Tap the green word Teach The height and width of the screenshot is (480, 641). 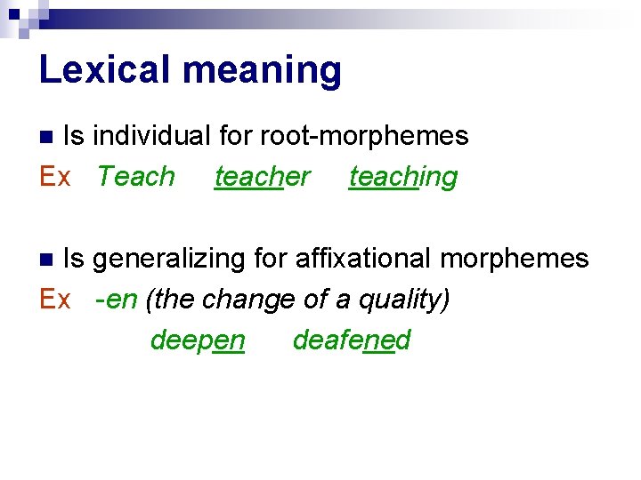click(136, 176)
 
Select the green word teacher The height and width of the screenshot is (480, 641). click(262, 176)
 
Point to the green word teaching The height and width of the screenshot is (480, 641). click(402, 176)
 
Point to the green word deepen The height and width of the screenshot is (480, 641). click(197, 340)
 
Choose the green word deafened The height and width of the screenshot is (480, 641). click(351, 340)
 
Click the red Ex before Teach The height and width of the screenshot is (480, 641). click(55, 176)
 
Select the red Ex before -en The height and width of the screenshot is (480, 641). click(55, 300)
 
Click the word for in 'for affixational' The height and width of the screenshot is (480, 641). click(270, 259)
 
